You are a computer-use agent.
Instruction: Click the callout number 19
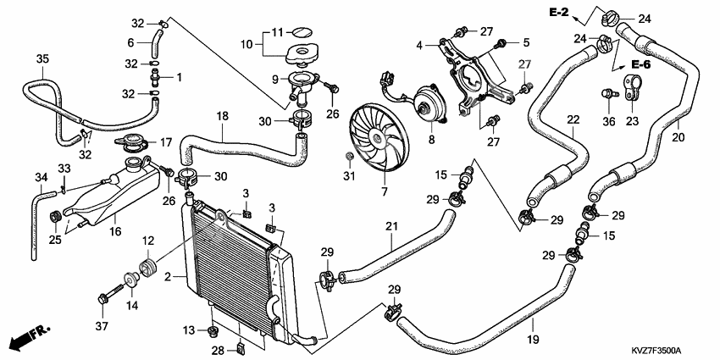(x=533, y=340)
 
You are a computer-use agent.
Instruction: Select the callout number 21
(x=391, y=226)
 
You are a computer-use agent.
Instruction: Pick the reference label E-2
(x=559, y=13)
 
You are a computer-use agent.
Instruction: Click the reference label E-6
(x=640, y=64)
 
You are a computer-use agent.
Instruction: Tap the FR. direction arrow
(x=30, y=336)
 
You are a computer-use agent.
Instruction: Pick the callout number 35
(x=42, y=58)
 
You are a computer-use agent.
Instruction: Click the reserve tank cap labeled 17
(x=130, y=142)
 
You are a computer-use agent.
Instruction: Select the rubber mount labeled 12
(x=149, y=269)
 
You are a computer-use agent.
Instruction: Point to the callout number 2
(x=168, y=277)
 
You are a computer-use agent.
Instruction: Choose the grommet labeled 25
(x=56, y=215)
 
